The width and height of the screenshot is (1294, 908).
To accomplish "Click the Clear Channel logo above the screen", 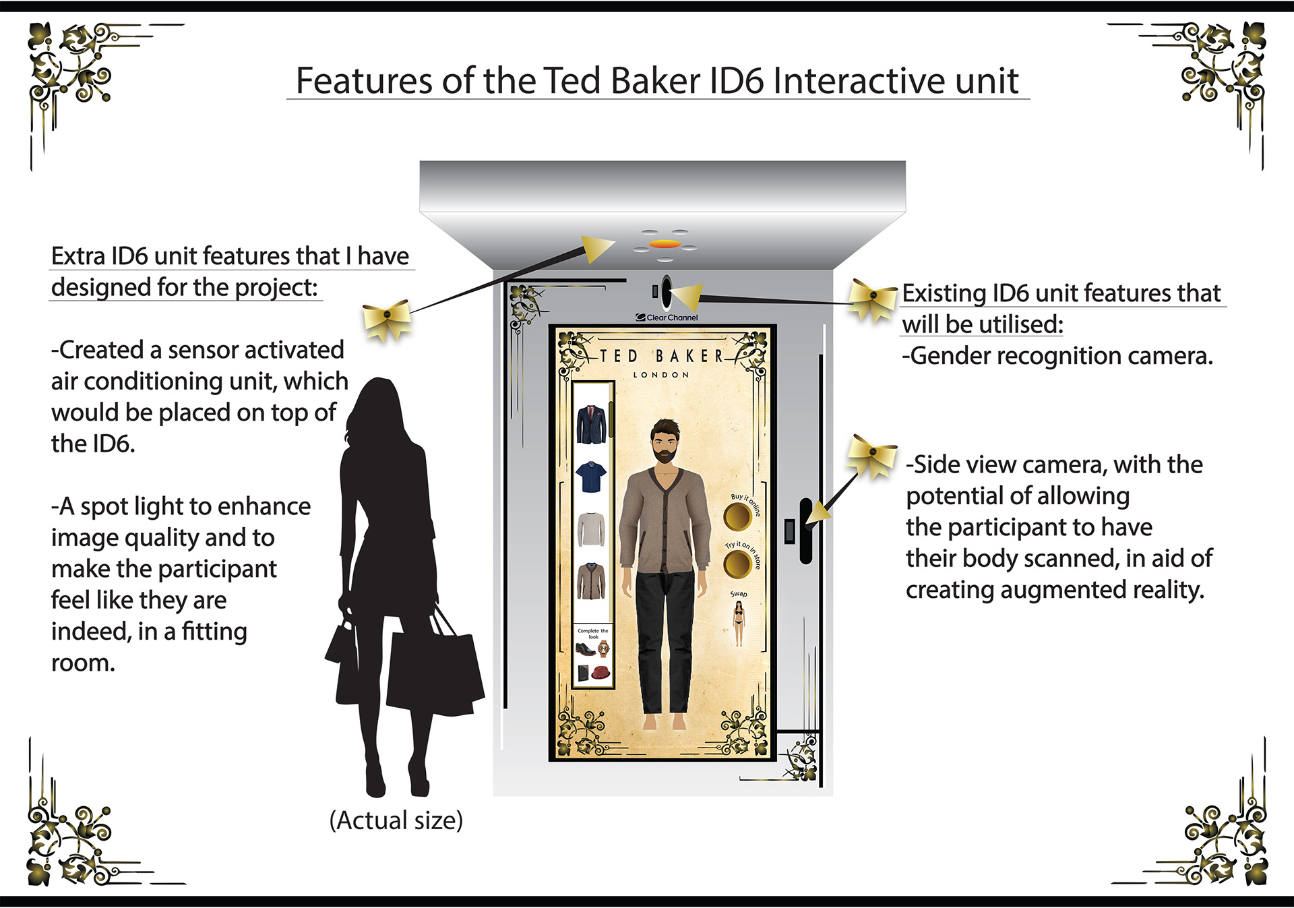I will (x=667, y=317).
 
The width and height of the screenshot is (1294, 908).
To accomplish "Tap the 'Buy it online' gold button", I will (x=737, y=517).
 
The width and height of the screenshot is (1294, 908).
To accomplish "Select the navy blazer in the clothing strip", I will (x=591, y=425).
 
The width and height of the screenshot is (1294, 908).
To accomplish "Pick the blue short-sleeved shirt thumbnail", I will (x=591, y=477).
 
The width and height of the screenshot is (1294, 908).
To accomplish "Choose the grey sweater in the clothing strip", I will (x=591, y=529).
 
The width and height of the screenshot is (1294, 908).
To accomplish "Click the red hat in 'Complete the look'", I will (x=600, y=672).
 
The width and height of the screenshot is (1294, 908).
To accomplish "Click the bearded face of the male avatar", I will (x=665, y=442).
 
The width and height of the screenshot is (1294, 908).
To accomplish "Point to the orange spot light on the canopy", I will (x=665, y=243).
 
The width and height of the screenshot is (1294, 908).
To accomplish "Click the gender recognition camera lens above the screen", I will (x=666, y=291).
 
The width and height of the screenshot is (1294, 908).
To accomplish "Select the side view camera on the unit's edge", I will (x=805, y=531).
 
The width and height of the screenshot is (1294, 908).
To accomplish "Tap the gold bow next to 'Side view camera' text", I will (x=872, y=454).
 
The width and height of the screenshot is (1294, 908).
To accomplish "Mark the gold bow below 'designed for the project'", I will (x=387, y=318).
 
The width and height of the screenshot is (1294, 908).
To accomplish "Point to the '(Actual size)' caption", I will (x=396, y=820).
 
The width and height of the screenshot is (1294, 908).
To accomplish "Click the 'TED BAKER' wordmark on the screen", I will (x=661, y=356).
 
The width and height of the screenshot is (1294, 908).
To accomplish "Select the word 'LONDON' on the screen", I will (x=660, y=375).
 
